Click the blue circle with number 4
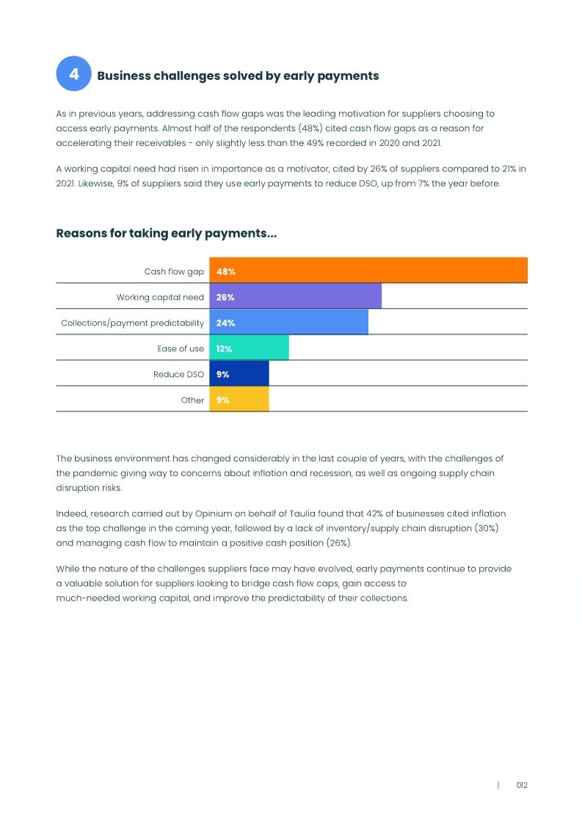coord(73,74)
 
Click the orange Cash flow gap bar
coord(368,271)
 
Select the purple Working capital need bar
coord(296,297)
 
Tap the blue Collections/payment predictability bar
coord(289,323)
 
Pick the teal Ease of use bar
coord(250,348)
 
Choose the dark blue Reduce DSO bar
coord(239,374)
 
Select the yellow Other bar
coord(239,400)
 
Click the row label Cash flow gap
coord(174,271)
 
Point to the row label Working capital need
coord(160,297)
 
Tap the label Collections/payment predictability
coord(132,323)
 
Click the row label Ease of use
coord(181,348)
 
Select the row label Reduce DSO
coord(178,374)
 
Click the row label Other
coord(192,400)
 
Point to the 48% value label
coord(225,271)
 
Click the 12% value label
coord(224,348)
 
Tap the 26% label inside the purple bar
coord(225,297)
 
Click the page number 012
coord(522,785)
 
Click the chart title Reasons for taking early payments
coord(166,233)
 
